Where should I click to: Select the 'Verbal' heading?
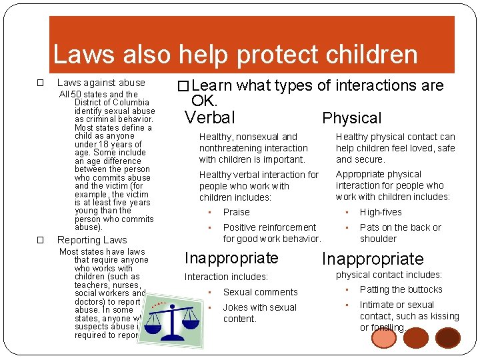coord(210,118)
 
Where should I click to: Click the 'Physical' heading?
coord(352,119)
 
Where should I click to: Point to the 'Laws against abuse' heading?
coord(101,83)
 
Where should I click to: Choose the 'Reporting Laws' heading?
coord(92,240)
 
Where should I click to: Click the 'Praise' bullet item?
coord(236,212)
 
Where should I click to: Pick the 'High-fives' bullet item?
coord(381,212)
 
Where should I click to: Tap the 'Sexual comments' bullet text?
coord(260,292)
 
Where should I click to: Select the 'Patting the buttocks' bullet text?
coord(401,289)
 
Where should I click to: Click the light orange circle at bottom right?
coord(383,338)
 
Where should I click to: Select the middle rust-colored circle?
coord(416,338)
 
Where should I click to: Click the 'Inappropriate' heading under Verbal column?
coord(231,258)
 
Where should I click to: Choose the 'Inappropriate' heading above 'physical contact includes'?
coord(373,259)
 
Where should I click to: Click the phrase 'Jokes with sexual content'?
coord(259,313)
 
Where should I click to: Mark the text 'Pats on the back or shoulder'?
coord(400,233)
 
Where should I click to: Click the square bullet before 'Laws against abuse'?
coord(40,83)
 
